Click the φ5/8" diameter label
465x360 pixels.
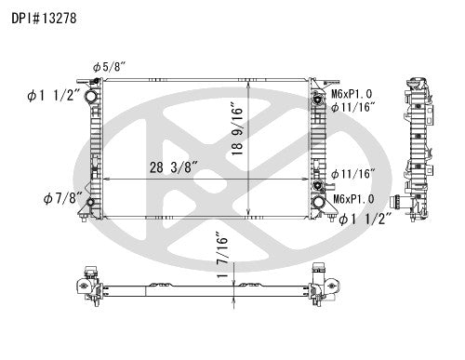[x=109, y=65]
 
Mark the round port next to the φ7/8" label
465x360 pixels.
[x=89, y=205]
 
